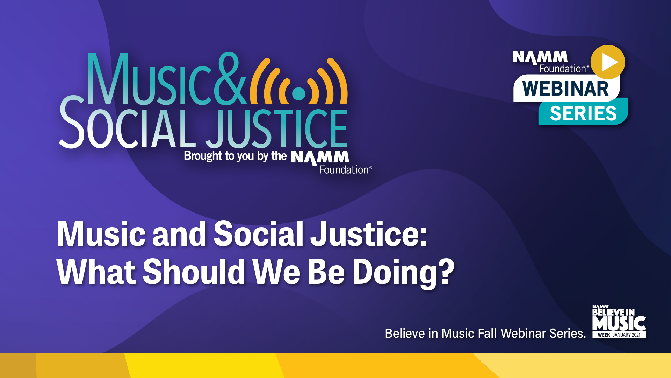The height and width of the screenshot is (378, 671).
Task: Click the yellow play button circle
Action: tap(608, 62)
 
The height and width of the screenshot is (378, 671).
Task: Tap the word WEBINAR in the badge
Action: tap(565, 89)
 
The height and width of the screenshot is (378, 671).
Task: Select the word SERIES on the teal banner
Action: tap(583, 113)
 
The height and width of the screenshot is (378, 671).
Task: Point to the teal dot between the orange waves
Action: tap(298, 93)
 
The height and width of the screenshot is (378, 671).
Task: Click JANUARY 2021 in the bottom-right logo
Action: tap(627, 335)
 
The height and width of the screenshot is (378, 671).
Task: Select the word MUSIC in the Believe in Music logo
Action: tap(619, 324)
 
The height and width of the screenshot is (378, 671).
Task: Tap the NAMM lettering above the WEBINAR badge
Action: tap(540, 57)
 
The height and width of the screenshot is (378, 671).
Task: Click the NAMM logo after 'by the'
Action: tap(320, 157)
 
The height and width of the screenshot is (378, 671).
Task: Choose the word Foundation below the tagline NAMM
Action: tap(344, 170)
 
